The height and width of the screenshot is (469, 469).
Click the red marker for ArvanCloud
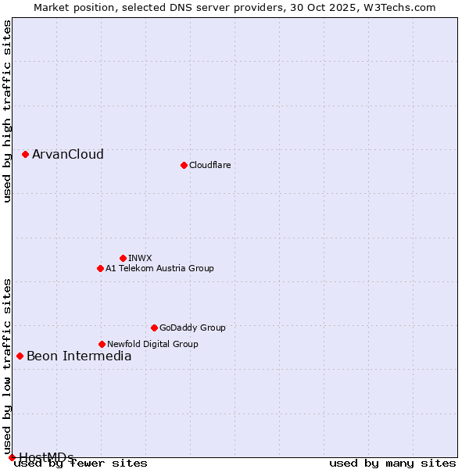25,154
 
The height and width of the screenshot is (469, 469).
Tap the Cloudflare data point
184,165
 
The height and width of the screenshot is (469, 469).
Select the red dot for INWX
123,258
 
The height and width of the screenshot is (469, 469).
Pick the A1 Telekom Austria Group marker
100,268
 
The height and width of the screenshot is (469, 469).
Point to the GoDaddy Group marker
154,328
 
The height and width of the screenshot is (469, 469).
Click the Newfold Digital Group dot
102,344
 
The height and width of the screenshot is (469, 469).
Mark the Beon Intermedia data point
20,356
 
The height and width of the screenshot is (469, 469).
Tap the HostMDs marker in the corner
12,457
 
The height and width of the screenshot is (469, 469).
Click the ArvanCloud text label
68,154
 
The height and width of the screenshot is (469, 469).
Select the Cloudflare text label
209,165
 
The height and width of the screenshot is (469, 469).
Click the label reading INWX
140,258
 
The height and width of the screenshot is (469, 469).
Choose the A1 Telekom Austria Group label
159,268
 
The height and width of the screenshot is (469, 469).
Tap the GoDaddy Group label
192,328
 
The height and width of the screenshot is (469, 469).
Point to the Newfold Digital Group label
152,344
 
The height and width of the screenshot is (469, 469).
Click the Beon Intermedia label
79,356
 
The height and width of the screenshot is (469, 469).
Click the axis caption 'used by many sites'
392,464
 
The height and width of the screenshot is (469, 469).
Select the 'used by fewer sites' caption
81,464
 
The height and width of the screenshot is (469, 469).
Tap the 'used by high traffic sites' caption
7,111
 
